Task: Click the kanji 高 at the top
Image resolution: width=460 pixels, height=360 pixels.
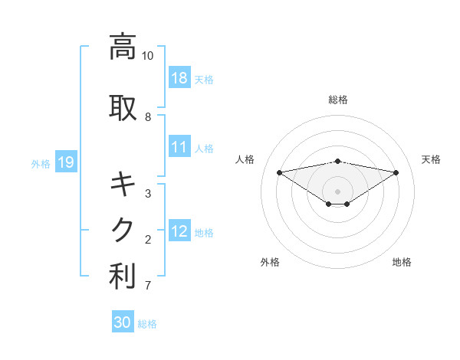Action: coord(123,47)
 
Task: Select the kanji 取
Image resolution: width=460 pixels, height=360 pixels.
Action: coord(123,108)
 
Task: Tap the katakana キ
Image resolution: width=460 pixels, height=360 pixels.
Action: coord(123,185)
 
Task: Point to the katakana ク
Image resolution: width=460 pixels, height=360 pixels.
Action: coord(123,230)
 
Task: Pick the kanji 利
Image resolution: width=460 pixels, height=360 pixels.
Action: coord(123,277)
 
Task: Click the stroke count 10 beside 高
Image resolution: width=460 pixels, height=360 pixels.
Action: coord(148,56)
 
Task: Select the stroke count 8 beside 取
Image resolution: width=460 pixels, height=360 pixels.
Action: coord(148,117)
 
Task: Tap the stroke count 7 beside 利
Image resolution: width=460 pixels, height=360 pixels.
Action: coord(148,286)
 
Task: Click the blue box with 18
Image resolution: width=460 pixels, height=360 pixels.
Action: coord(179,78)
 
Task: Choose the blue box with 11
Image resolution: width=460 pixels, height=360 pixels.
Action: coord(179,147)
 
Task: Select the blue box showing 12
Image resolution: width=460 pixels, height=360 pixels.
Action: coord(179,231)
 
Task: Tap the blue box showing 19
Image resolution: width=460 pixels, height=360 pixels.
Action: coord(65,162)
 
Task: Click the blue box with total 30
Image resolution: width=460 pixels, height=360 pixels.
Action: coord(122,322)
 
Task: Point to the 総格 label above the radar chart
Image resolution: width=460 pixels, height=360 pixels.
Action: coord(337,100)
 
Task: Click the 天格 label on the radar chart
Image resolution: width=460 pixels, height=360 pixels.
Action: coord(431,159)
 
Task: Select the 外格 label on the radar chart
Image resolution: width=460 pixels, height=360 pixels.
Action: coord(270,262)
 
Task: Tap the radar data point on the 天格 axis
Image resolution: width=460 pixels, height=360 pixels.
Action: coord(396,172)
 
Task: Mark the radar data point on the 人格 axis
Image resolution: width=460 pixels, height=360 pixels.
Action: coord(279,172)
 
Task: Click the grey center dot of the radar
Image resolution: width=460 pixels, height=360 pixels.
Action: coord(337,190)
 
